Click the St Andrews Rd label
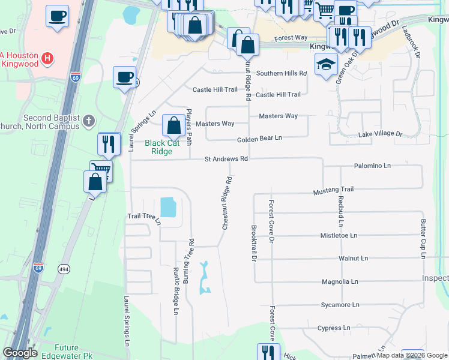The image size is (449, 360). click(226, 159)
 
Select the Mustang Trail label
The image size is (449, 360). click(334, 190)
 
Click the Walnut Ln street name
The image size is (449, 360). click(353, 258)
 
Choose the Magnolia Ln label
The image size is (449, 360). click(340, 281)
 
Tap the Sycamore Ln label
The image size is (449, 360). click(340, 305)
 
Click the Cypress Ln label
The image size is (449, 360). click(334, 328)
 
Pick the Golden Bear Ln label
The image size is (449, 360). click(259, 139)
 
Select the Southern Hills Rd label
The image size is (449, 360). click(282, 73)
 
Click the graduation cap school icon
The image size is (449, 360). click(326, 65)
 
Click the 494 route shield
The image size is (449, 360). click(62, 269)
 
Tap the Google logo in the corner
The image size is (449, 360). click(20, 353)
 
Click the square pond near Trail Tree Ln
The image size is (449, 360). click(167, 207)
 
